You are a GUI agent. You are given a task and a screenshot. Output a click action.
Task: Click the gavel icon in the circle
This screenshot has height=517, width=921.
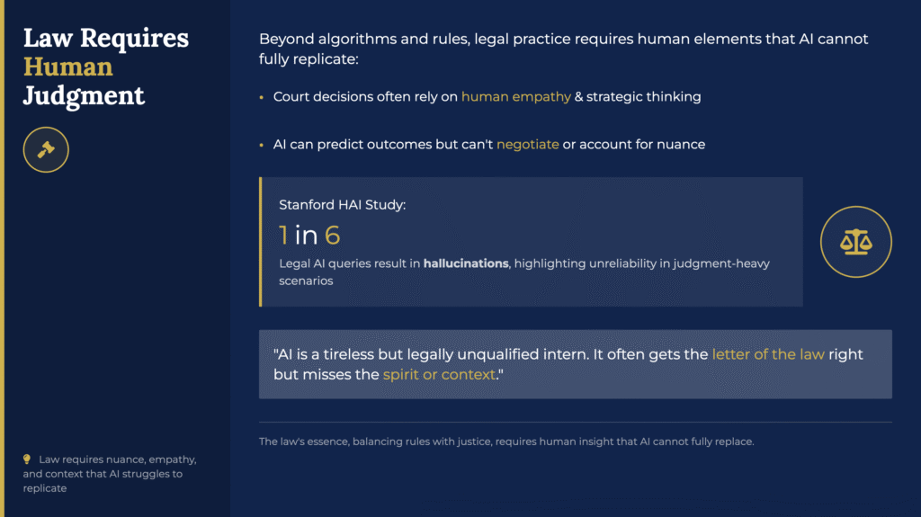tap(46, 150)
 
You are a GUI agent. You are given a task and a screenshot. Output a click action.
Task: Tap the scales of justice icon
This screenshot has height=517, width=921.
tap(856, 242)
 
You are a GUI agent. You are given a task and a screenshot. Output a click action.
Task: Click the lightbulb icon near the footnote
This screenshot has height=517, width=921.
tap(27, 459)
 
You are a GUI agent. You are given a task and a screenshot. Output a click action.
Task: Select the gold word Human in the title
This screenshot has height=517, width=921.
tap(67, 67)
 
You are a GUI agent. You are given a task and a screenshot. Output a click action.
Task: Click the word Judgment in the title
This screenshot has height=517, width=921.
tap(84, 96)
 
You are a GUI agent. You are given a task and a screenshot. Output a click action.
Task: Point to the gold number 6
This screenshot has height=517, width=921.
tap(333, 235)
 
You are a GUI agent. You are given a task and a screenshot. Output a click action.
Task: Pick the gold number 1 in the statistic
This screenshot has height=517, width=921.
tap(283, 235)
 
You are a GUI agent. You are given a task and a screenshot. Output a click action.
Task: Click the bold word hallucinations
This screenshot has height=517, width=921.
tap(466, 263)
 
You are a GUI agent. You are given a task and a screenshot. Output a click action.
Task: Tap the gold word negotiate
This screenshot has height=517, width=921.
tap(527, 145)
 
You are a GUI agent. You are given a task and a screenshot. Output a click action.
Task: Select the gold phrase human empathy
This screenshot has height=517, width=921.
tap(515, 97)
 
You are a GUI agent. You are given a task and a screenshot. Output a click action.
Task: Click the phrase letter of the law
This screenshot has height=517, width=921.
tap(768, 354)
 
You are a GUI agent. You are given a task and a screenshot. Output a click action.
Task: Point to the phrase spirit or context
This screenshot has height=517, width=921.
tap(439, 374)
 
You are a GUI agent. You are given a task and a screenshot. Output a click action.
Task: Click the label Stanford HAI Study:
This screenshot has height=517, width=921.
tap(342, 204)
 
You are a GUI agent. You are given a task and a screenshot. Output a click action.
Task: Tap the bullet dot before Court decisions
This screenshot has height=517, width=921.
tap(262, 97)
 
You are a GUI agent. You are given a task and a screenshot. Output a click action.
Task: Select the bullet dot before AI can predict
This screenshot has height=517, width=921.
tap(262, 145)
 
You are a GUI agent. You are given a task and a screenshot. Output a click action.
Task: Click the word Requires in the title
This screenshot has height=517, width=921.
tap(134, 39)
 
